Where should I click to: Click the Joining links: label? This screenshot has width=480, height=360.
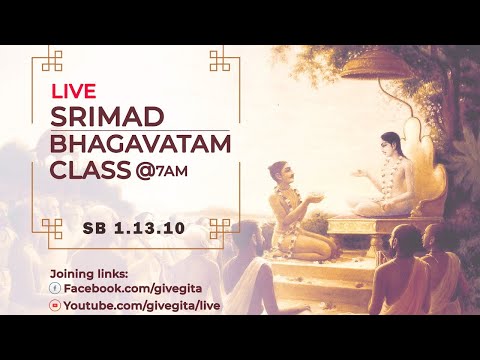click(88, 272)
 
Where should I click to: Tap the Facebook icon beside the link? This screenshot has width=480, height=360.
click(54, 287)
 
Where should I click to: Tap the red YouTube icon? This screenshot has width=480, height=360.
click(54, 302)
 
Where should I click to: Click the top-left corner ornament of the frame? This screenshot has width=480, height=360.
click(44, 60)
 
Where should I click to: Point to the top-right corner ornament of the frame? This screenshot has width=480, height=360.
click(220, 60)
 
